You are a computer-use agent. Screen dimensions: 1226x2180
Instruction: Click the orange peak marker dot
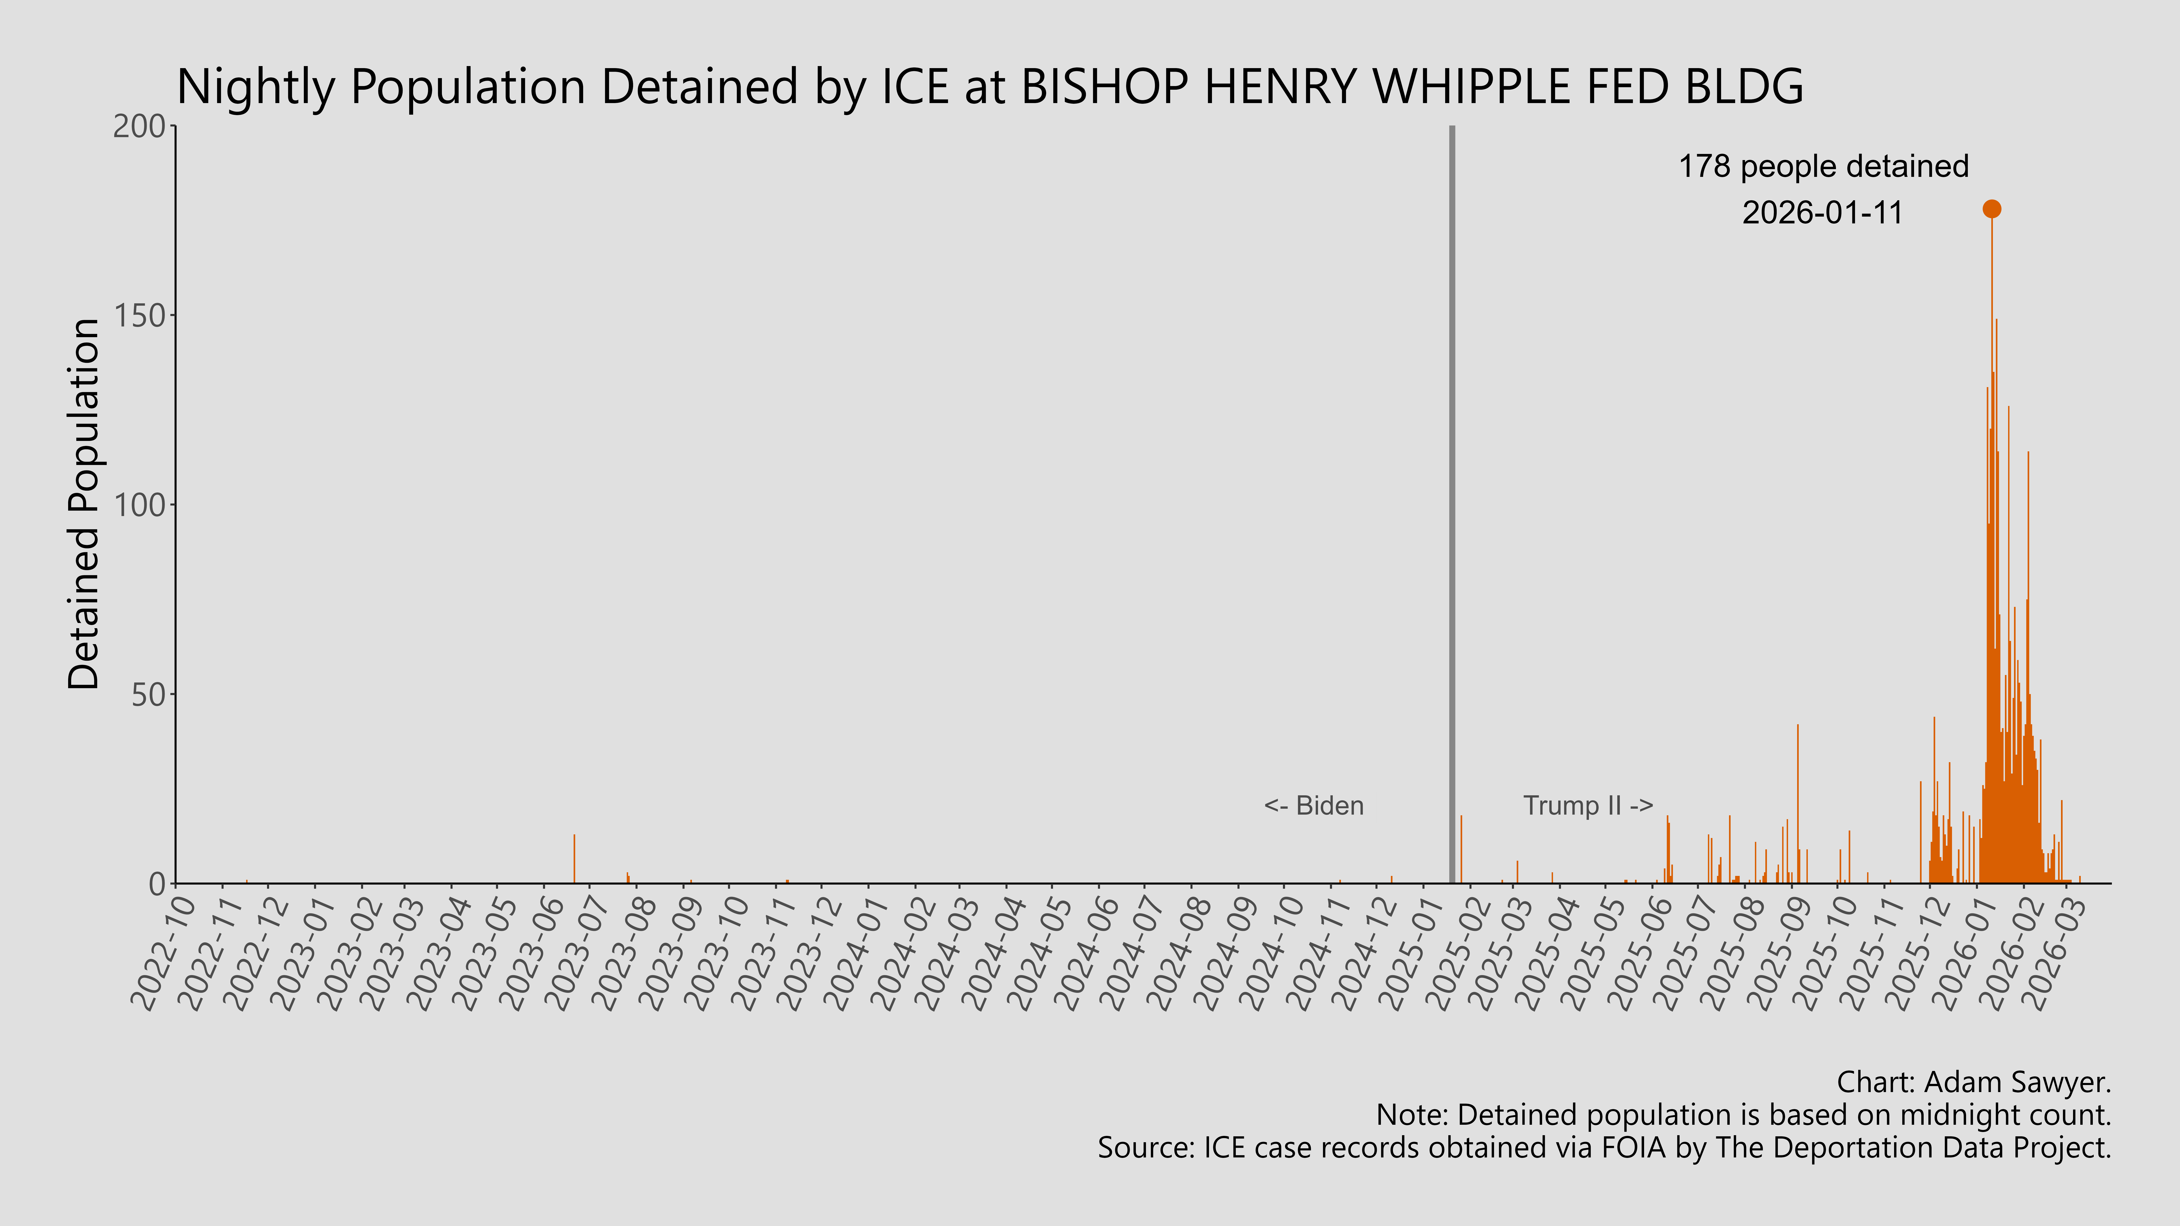[x=1992, y=209]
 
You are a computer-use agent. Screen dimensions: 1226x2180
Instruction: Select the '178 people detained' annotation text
[x=1824, y=167]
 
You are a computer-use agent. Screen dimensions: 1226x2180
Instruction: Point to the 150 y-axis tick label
[x=140, y=316]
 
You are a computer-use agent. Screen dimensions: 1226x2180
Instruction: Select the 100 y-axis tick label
[x=140, y=505]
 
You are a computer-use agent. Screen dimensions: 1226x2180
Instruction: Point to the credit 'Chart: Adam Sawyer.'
[x=1974, y=1082]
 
